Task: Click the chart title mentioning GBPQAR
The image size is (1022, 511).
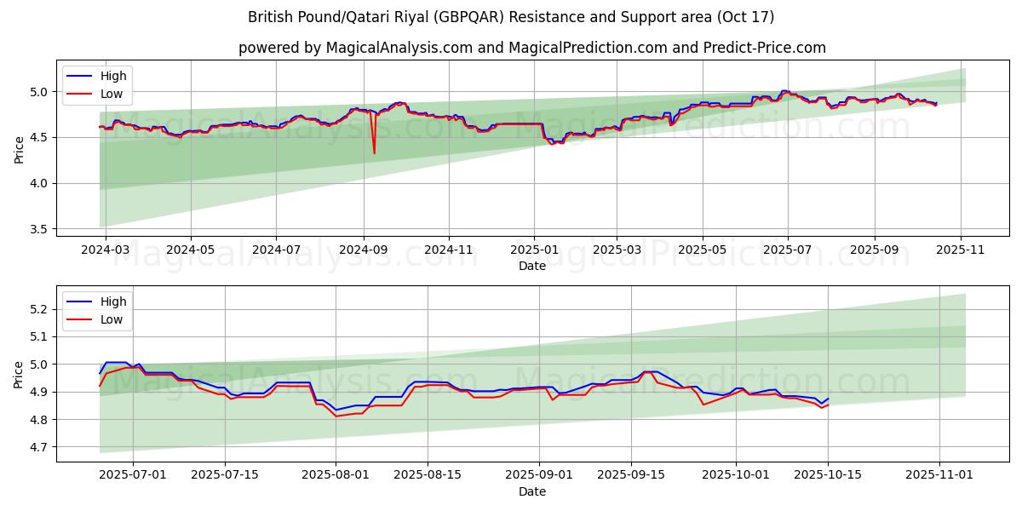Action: [511, 17]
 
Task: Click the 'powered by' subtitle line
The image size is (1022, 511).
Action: [532, 48]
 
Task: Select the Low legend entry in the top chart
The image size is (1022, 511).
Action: [112, 94]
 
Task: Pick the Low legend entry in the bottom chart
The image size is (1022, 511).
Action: [112, 319]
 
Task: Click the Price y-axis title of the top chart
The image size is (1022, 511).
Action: [19, 149]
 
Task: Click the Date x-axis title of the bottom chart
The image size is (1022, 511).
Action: [532, 491]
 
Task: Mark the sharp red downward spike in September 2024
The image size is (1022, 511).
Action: [374, 152]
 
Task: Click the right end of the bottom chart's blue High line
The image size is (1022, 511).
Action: [828, 399]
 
